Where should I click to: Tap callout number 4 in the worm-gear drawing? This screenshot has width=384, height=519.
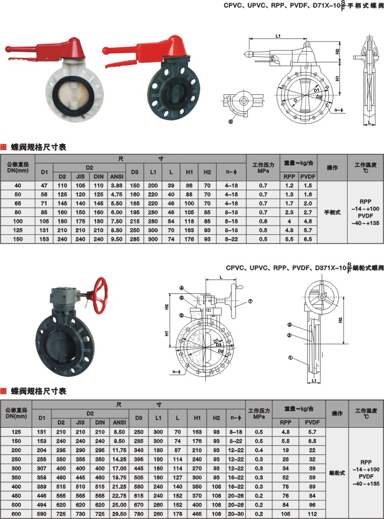coord(181,287)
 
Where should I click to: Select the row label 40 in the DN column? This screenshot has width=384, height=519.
coord(18,185)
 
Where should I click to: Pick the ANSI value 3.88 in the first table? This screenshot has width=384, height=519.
coord(116,185)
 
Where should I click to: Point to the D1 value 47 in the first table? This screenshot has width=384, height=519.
coord(44,185)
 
